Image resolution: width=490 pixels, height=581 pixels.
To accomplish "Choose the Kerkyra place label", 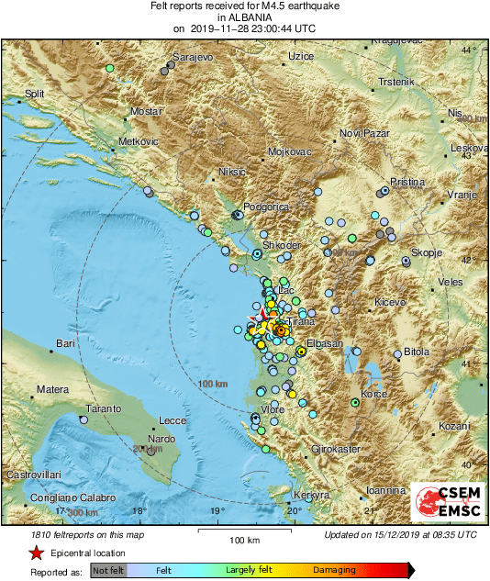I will [x=312, y=493].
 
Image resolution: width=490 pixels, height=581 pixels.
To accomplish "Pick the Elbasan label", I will [x=324, y=343].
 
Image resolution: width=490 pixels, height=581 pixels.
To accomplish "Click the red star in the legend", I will [x=36, y=553].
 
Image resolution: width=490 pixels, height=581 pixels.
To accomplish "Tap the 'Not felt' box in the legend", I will [x=108, y=569].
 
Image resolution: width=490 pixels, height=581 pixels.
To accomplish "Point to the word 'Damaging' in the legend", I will [x=334, y=569].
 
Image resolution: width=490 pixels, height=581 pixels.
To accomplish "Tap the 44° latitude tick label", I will [x=470, y=50].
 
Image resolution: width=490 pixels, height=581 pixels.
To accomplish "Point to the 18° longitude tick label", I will [x=139, y=512].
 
